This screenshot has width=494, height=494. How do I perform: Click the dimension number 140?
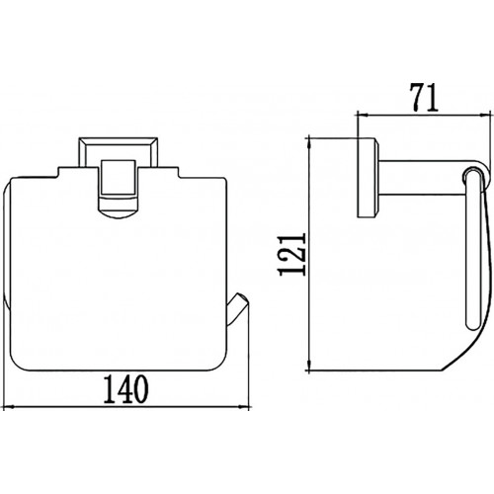click(x=126, y=389)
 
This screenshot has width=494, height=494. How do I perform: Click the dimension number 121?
click(x=292, y=254)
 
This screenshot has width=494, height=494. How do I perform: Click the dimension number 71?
click(x=424, y=97)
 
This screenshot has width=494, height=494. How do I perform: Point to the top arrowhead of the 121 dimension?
click(x=309, y=143)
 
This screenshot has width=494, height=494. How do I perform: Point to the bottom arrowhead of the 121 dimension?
click(x=309, y=365)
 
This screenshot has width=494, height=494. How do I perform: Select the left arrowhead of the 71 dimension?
click(x=363, y=115)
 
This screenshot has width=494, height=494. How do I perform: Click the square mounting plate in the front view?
click(x=119, y=152)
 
